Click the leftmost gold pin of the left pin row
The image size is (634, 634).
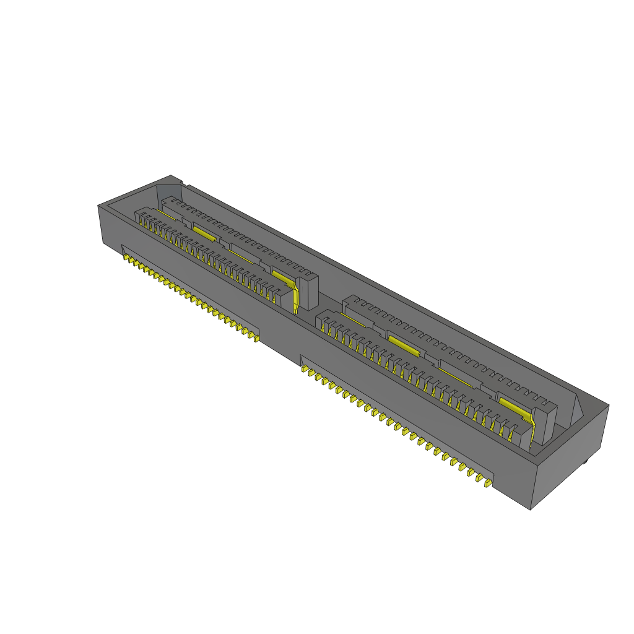pyautogui.click(x=126, y=256)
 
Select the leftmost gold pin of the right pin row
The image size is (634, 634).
pyautogui.click(x=305, y=370)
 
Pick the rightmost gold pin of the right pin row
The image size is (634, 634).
pyautogui.click(x=488, y=482)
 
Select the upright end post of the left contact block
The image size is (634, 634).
pyautogui.click(x=308, y=291)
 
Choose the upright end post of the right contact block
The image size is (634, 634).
pyautogui.click(x=544, y=422)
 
